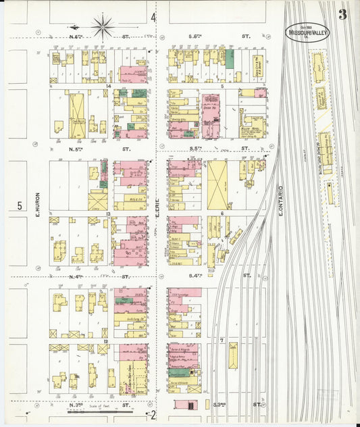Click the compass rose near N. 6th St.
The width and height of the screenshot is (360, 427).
coord(103,27)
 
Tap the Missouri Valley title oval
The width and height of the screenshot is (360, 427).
coord(307,32)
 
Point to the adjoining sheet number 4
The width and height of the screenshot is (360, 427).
coord(153,17)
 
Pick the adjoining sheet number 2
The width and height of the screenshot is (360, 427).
coord(153,415)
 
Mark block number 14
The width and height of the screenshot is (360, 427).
coord(108,86)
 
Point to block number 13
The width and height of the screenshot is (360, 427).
coord(108,214)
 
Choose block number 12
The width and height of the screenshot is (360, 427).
coord(106,342)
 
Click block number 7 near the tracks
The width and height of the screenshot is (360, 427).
coord(222,341)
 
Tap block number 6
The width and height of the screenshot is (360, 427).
coord(222,214)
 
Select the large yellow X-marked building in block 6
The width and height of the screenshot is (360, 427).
coord(217,184)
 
